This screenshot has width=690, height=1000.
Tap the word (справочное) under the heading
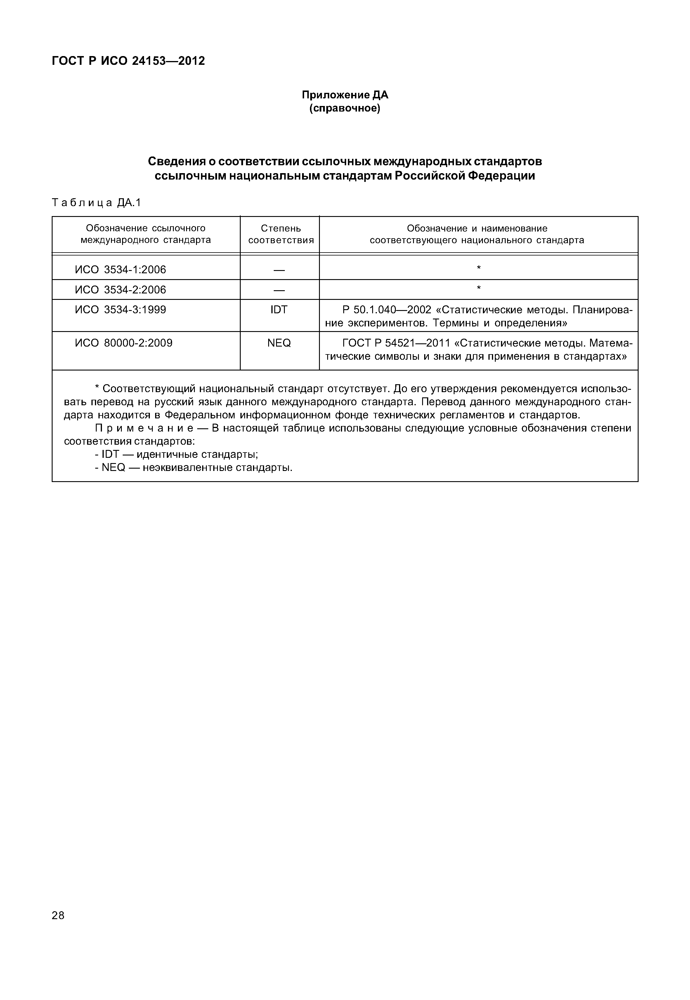[345, 108]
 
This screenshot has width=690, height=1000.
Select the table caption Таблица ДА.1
[96, 202]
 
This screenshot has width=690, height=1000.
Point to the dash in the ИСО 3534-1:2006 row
[279, 270]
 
